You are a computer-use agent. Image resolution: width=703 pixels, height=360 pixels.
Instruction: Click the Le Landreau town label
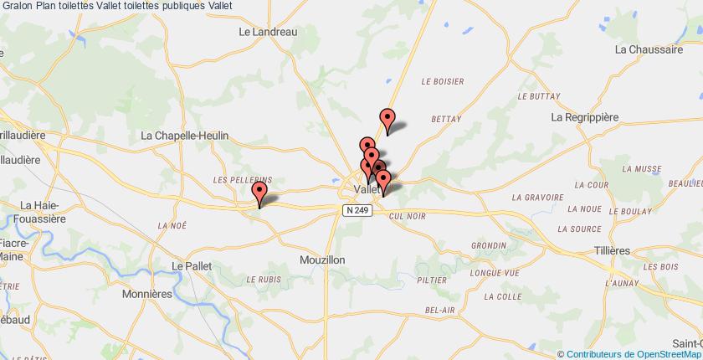tap(268, 32)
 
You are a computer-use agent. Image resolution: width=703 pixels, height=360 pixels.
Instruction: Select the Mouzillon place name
tap(322, 260)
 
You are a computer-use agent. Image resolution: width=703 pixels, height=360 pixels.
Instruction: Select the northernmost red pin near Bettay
tap(387, 120)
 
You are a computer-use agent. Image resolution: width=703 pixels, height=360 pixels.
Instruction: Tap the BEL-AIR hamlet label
tap(439, 311)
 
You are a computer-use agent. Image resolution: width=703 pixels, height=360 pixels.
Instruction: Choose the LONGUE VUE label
tap(495, 273)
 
